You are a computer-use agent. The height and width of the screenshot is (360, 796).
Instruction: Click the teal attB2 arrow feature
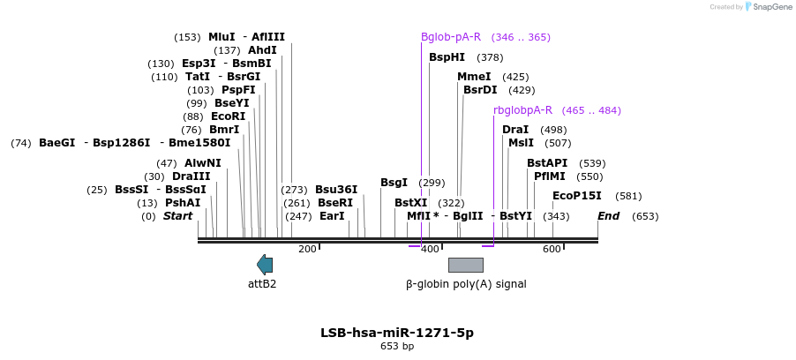pos(265,264)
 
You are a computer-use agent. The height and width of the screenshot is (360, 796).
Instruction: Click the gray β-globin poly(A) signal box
pos(465,265)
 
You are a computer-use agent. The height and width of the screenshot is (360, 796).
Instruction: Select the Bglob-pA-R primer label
pos(451,37)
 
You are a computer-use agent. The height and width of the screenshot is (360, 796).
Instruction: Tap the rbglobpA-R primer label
pos(522,110)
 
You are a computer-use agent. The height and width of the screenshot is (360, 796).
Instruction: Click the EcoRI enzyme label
pos(228,116)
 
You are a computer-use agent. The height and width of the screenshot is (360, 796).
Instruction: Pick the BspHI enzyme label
pos(447,57)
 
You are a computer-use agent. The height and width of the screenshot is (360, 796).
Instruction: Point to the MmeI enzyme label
pos(474,77)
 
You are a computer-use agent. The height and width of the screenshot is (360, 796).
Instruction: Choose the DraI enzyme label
pos(515,130)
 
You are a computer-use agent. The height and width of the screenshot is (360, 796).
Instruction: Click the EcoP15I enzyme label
pos(576,196)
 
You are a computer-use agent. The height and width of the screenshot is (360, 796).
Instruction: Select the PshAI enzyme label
pos(183,202)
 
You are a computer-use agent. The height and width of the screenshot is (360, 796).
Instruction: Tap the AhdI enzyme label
pos(262,50)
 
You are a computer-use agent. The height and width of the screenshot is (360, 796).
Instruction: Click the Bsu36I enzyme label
pos(336,190)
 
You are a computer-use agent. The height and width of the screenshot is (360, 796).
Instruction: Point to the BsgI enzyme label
pos(394,183)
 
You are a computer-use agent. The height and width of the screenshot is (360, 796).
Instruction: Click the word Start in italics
pos(177,216)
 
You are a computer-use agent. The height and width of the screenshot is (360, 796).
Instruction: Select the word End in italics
pos(608,216)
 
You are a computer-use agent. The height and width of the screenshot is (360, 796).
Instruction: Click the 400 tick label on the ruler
pos(430,250)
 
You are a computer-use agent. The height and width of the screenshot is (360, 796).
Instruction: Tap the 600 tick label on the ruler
pos(552,250)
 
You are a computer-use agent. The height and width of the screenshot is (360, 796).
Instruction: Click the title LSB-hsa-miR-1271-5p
pos(397,333)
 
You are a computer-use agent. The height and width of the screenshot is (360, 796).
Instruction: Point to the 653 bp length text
pos(397,346)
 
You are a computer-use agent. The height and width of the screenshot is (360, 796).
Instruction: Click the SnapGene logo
pos(768,7)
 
